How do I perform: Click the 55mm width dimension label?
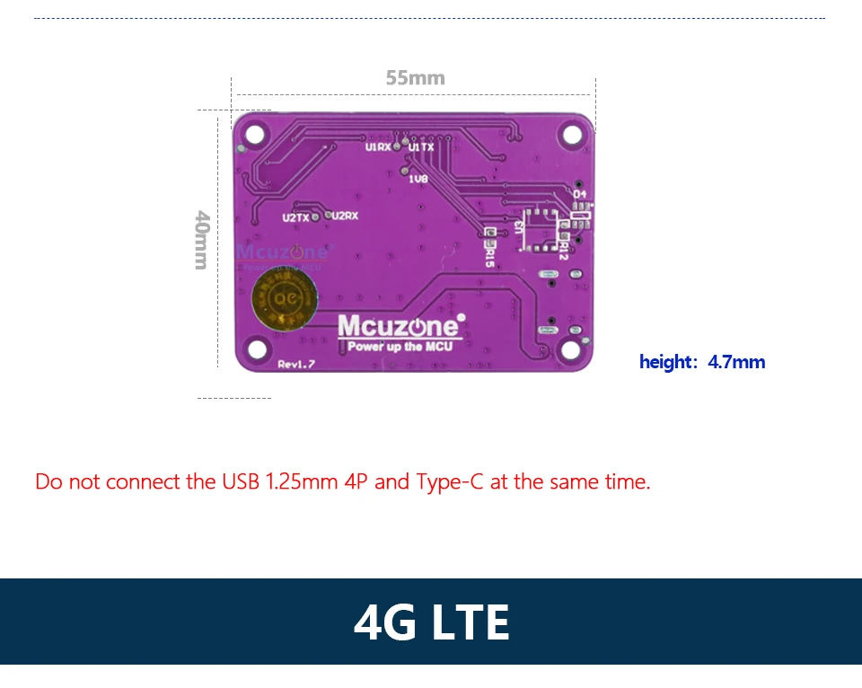415,78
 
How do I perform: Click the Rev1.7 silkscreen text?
296,364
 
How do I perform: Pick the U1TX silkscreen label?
422,146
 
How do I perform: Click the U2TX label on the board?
295,217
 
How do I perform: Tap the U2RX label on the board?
345,216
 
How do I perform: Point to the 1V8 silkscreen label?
418,179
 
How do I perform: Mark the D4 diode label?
579,194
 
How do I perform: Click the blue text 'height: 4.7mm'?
702,362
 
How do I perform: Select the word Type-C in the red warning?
449,481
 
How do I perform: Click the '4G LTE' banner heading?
431,622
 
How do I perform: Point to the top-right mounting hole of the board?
572,134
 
